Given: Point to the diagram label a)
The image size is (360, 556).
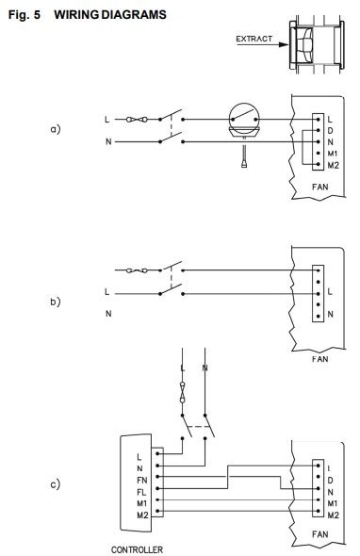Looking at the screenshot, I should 55,128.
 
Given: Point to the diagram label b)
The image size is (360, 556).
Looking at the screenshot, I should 55,302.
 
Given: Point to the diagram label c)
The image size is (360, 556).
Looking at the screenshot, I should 55,485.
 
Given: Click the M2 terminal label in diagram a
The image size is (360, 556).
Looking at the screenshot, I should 332,164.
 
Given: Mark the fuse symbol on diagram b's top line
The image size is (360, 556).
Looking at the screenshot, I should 138,271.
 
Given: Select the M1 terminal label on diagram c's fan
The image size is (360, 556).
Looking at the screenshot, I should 332,504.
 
